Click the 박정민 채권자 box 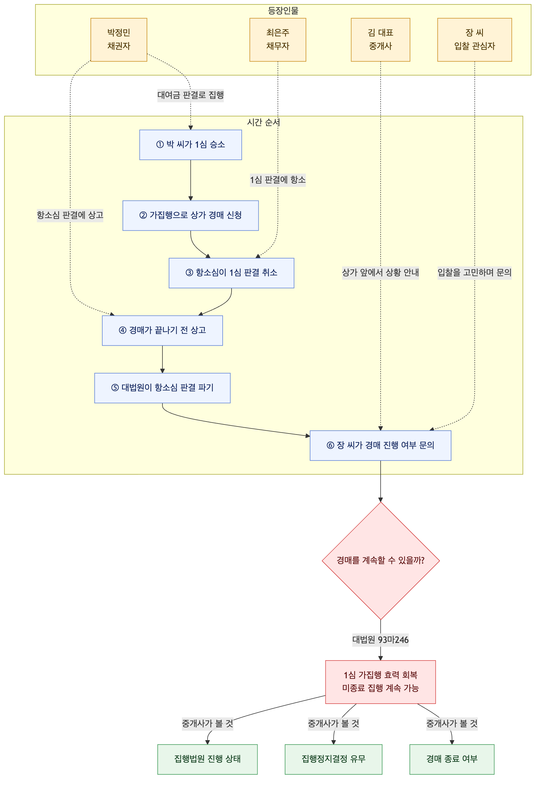[119, 40]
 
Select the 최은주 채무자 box [278, 40]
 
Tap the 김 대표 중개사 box [380, 40]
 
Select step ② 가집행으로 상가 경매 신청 [191, 215]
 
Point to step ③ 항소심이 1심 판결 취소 [232, 273]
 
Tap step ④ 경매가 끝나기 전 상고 [162, 330]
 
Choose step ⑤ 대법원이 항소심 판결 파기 [162, 388]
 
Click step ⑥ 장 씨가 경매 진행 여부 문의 [380, 445]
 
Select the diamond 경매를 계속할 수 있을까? [381, 560]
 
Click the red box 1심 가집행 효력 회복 [380, 682]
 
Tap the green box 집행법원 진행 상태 [207, 759]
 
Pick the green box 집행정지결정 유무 [334, 759]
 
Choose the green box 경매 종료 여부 [452, 759]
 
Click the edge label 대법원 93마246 [380, 640]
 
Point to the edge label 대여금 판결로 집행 [191, 95]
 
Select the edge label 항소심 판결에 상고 [70, 215]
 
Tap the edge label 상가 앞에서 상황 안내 [380, 273]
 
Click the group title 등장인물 [283, 11]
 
